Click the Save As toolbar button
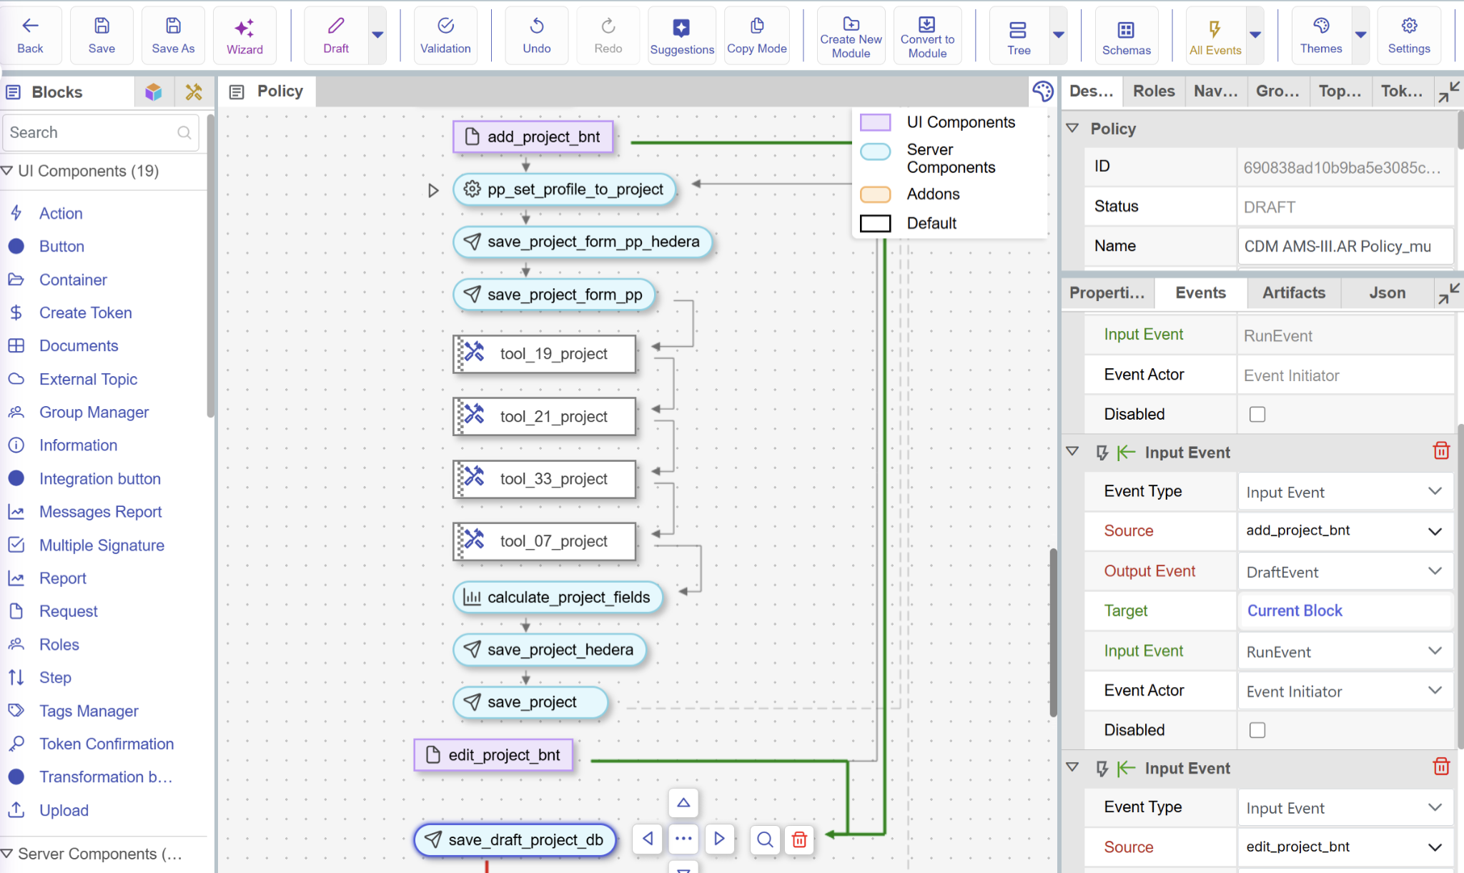tap(173, 36)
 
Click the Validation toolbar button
tap(445, 36)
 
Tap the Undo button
tap(536, 36)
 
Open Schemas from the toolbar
tap(1126, 36)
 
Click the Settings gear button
tap(1409, 36)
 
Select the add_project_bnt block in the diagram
tap(533, 137)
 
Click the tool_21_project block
tap(545, 416)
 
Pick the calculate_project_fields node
tap(558, 597)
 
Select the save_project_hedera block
tap(549, 649)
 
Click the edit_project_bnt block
tap(494, 755)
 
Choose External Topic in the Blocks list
tap(88, 379)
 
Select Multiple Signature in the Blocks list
tap(102, 545)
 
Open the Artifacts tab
tap(1293, 292)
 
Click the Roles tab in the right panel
tap(1154, 91)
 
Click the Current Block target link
tap(1295, 611)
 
